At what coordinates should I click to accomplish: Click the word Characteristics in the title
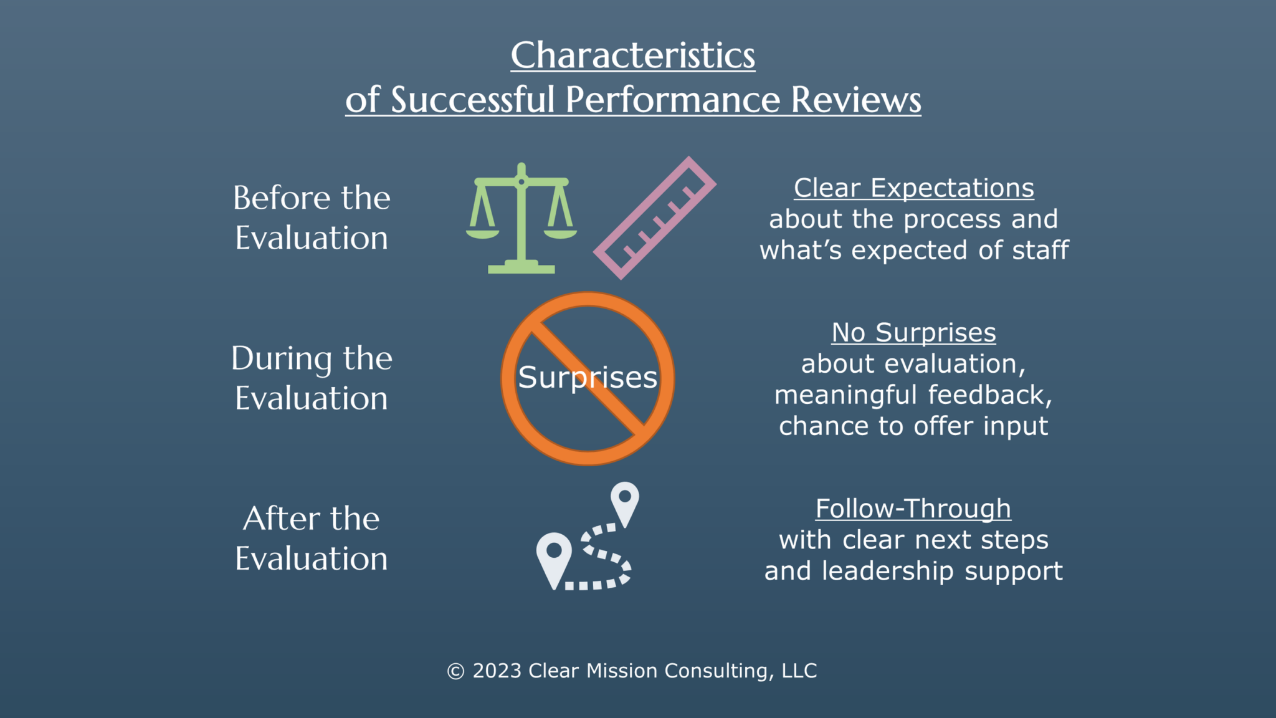point(632,56)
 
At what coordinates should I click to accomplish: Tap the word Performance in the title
point(672,100)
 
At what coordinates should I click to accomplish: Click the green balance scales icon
point(521,218)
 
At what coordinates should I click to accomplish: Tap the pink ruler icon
point(654,218)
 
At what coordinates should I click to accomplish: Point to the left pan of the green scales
point(482,234)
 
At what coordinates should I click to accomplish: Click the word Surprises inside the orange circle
point(588,378)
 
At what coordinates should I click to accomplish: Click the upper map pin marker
point(625,501)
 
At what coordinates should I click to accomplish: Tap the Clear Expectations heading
point(913,188)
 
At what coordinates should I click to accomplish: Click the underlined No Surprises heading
point(913,333)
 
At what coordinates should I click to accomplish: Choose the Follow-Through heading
point(913,509)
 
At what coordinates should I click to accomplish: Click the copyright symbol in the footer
point(455,671)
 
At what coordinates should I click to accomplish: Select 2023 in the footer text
point(497,671)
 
